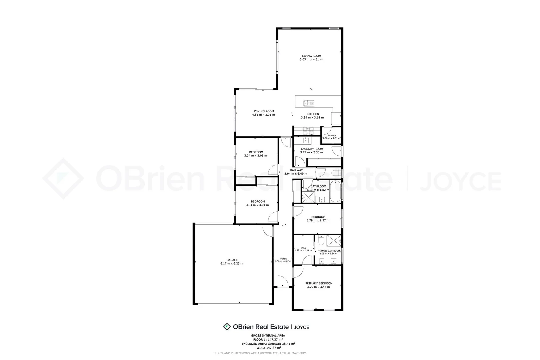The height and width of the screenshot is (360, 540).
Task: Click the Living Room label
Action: pos(311,56)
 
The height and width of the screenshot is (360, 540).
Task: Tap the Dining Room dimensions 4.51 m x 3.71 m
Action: pos(263,115)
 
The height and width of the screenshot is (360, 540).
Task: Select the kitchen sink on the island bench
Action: pos(308,103)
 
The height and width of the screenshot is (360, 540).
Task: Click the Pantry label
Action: pos(332,135)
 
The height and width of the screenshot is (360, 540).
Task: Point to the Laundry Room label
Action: pos(312,149)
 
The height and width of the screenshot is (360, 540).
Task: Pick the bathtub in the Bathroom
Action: pos(335,192)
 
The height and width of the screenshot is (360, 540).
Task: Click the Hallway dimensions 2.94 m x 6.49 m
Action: pos(296,174)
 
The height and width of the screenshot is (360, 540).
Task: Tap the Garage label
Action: pos(232,260)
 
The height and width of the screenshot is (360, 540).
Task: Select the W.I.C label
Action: pos(303,248)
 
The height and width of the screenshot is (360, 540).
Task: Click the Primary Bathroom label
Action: pos(329,251)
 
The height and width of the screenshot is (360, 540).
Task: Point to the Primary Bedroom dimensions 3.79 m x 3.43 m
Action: pos(319,287)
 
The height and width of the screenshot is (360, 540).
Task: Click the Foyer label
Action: pos(283,259)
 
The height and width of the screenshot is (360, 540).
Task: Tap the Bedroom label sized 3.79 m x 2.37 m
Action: pos(318,217)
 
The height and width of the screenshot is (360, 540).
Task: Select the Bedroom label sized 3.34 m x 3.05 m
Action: pos(256,152)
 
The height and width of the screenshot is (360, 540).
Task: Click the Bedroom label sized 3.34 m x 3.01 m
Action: pos(258,201)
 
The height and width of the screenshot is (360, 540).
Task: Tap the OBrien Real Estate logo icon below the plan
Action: pos(227,327)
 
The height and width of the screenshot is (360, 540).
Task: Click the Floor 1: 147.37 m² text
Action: pos(268,340)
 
